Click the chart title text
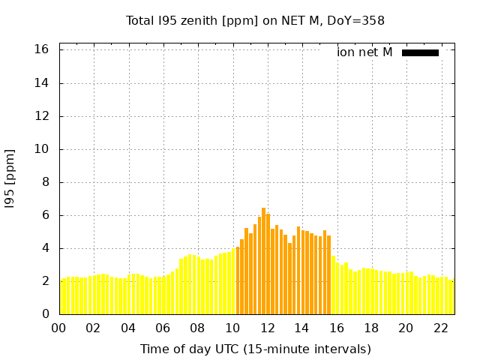255,21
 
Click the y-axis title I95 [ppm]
10,179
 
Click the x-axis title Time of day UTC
255,349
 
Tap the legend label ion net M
364,52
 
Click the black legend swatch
420,52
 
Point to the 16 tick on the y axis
41,49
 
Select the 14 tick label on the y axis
41,83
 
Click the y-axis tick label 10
41,149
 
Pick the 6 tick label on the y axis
45,215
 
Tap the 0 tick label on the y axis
45,314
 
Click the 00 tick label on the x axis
59,328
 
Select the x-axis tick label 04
128,328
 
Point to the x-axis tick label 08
197,328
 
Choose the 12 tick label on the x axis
267,328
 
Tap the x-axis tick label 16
336,328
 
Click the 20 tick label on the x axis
406,328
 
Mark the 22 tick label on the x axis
440,328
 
